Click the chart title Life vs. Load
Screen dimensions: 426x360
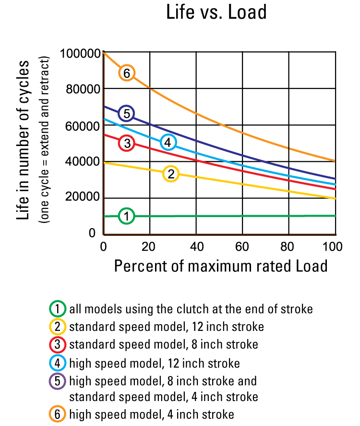point(216,12)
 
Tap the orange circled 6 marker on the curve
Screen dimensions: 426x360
point(126,73)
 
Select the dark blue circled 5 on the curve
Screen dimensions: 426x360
point(126,113)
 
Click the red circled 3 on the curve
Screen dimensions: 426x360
point(127,143)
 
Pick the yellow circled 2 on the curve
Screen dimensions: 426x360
point(171,174)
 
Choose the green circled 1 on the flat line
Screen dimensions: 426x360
point(126,216)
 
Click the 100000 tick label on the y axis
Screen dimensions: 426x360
point(80,53)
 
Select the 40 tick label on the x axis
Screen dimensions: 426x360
point(196,247)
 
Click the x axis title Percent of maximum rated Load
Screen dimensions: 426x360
point(221,266)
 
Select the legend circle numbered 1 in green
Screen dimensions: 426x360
point(57,308)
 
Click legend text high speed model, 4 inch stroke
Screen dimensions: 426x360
point(151,414)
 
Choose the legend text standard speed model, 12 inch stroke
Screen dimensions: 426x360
point(166,327)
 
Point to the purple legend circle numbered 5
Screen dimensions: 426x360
point(57,381)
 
